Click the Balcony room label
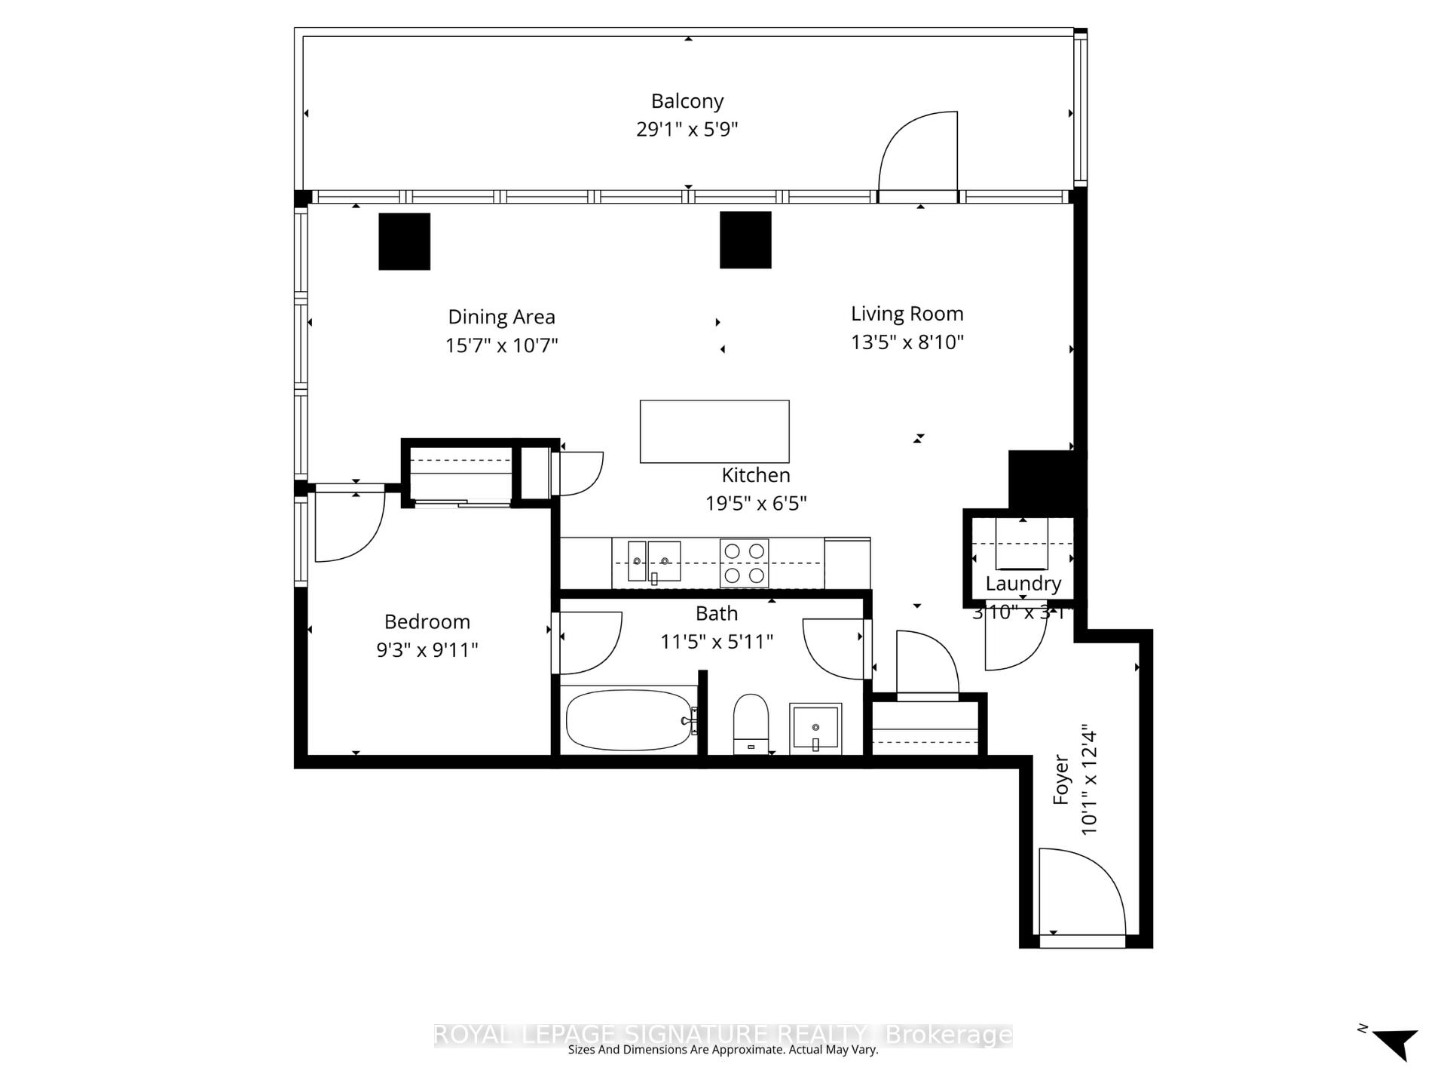click(x=687, y=101)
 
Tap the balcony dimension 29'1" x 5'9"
click(x=687, y=129)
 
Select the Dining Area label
click(x=501, y=317)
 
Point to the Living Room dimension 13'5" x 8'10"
click(x=907, y=342)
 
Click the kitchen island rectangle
click(x=714, y=431)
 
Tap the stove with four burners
click(x=744, y=563)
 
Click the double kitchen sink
click(x=653, y=562)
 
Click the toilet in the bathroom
click(x=751, y=722)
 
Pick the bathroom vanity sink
click(x=815, y=728)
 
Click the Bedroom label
click(x=427, y=621)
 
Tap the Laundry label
click(x=1023, y=583)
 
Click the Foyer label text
click(x=1061, y=779)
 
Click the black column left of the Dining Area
click(x=404, y=241)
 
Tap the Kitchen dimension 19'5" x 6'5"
click(x=755, y=503)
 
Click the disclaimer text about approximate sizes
click(x=723, y=1050)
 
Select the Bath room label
click(x=716, y=613)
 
